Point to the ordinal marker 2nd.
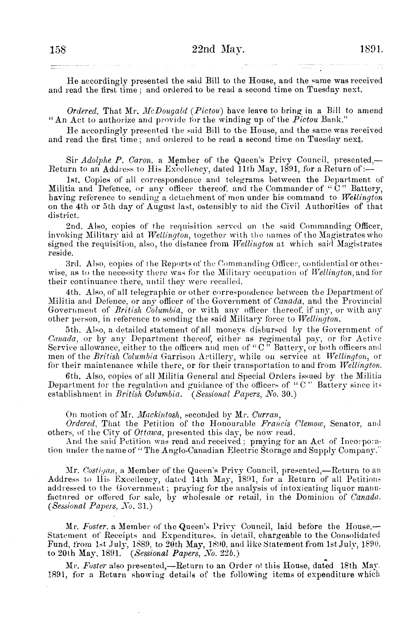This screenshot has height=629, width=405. (x=75, y=226)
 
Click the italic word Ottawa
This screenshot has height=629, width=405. (x=146, y=432)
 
